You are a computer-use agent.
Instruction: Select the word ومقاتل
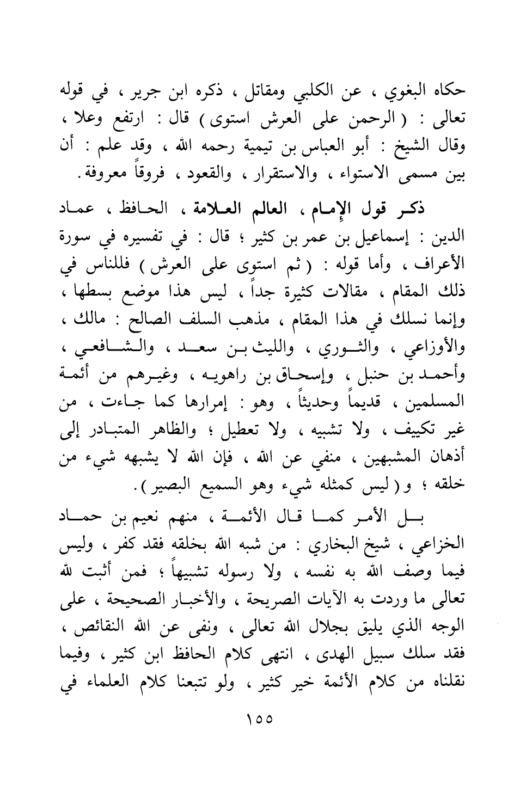click(x=265, y=90)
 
